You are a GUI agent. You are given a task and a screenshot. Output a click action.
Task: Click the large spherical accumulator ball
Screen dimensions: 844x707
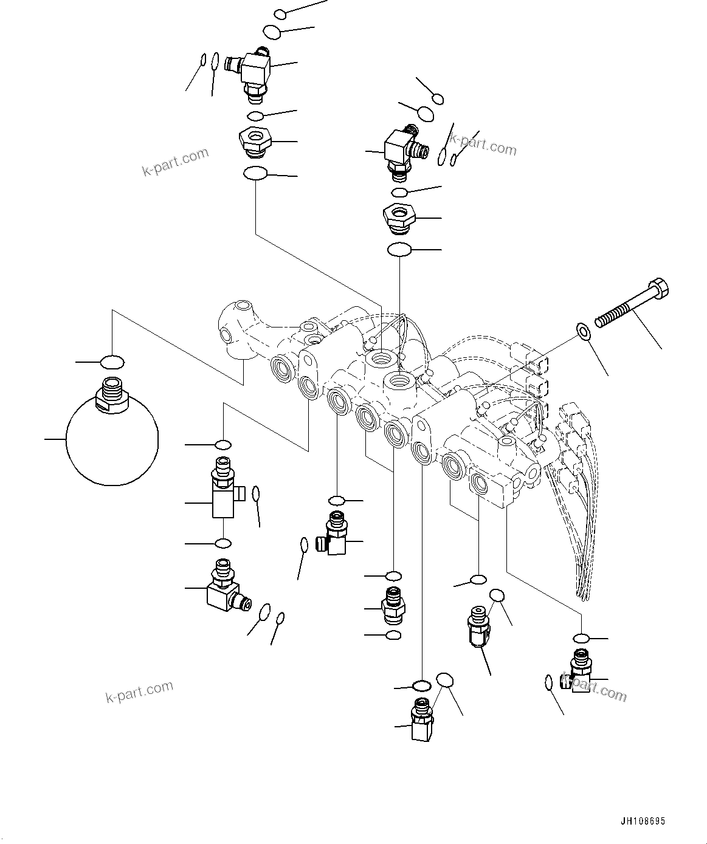(111, 444)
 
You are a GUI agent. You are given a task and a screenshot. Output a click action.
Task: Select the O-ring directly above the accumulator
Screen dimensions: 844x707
(112, 363)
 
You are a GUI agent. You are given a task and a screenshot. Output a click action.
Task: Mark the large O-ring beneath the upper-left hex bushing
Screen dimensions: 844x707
(255, 174)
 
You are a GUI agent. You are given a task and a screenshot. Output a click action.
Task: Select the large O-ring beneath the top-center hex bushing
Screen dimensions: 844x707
(399, 250)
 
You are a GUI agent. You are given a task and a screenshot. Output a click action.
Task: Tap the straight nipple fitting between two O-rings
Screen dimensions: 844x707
(393, 605)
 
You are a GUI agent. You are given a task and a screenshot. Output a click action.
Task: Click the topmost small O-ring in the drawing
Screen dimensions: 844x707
(280, 13)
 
